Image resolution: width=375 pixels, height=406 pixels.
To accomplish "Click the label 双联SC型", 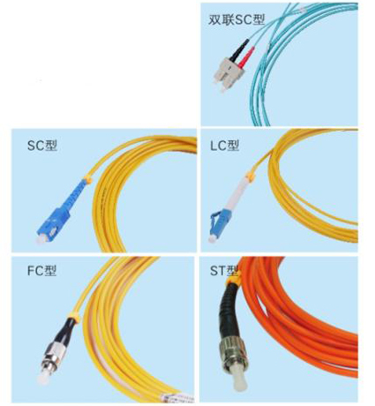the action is point(236,19).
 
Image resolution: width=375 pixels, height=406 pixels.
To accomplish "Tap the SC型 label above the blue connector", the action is point(42,146).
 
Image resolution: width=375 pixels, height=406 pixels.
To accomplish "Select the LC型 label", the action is point(225,146).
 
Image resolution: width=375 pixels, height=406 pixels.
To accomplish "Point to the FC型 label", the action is point(41,271).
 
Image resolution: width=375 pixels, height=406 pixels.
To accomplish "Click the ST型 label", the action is point(224,271).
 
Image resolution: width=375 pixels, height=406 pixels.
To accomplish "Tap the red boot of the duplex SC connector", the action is point(247,56).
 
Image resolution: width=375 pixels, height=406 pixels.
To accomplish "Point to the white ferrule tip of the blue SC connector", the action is point(41,239).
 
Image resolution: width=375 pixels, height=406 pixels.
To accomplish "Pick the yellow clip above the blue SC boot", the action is point(87,179).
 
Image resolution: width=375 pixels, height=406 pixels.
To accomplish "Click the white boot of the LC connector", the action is point(238,194).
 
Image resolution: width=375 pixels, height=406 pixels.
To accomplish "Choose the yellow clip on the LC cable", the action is point(251,176).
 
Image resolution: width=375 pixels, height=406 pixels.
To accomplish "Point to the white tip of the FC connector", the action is point(43,379).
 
